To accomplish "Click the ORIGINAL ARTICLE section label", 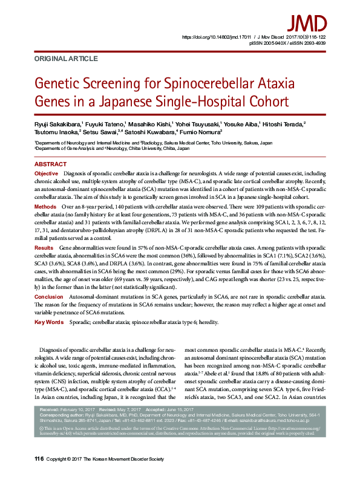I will (66, 59).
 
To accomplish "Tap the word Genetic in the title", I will (59, 84).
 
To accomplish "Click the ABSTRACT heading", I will (51, 164).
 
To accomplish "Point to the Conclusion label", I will (48, 297).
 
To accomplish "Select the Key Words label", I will (49, 323).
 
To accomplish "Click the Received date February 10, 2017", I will (82, 410).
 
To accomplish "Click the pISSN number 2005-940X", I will (270, 44).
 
